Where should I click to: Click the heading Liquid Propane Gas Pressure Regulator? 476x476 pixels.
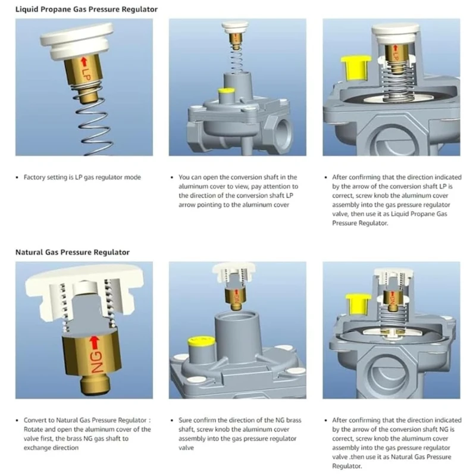click(86, 9)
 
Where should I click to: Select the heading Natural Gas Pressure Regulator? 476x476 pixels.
click(72, 252)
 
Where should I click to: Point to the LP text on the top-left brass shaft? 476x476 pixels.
click(85, 75)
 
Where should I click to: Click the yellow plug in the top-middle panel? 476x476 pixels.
click(226, 93)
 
